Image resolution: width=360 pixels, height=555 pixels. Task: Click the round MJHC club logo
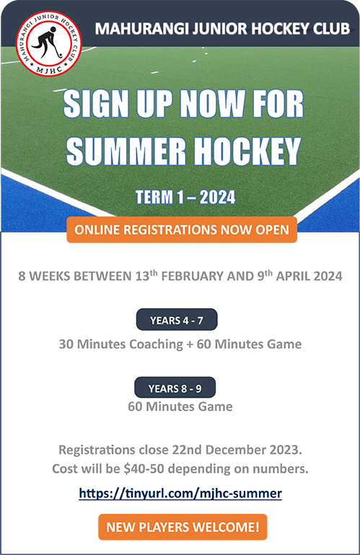click(49, 43)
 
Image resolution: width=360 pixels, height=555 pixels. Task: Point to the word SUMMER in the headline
click(126, 151)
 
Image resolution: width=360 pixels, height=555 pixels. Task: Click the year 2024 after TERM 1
click(218, 197)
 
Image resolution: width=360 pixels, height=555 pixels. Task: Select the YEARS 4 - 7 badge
click(177, 320)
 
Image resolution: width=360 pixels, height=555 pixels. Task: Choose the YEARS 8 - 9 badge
click(175, 388)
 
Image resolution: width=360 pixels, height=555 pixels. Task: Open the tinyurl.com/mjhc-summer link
click(180, 493)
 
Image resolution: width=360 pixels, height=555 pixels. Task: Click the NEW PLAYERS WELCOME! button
click(183, 527)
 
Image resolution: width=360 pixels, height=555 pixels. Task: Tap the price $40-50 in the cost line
click(144, 468)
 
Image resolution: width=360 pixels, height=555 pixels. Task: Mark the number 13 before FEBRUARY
click(141, 276)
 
